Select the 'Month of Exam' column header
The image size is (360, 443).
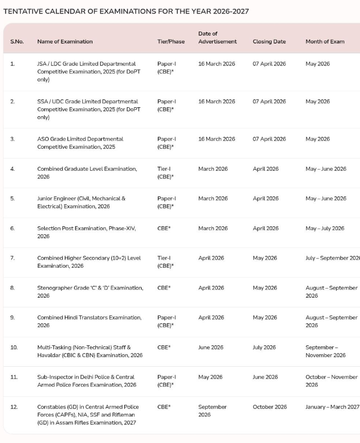(324, 42)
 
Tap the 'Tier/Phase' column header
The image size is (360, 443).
(171, 42)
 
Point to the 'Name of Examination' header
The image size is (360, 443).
(65, 42)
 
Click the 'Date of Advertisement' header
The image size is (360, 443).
(217, 38)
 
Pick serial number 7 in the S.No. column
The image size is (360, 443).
(12, 258)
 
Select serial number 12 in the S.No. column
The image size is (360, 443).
(14, 407)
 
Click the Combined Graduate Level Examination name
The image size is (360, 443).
(87, 173)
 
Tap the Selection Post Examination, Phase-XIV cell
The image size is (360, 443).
(86, 232)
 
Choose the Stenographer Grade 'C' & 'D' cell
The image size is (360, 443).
(90, 292)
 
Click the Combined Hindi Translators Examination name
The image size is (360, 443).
(89, 321)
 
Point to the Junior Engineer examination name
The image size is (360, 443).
(81, 202)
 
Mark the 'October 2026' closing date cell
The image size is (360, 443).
(270, 407)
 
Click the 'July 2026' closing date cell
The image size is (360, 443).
(264, 347)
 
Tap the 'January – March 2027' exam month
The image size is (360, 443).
(332, 407)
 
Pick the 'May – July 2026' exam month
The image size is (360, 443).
(324, 228)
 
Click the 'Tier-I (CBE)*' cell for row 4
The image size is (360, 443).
(166, 173)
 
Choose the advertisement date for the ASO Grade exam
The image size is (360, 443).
(216, 139)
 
